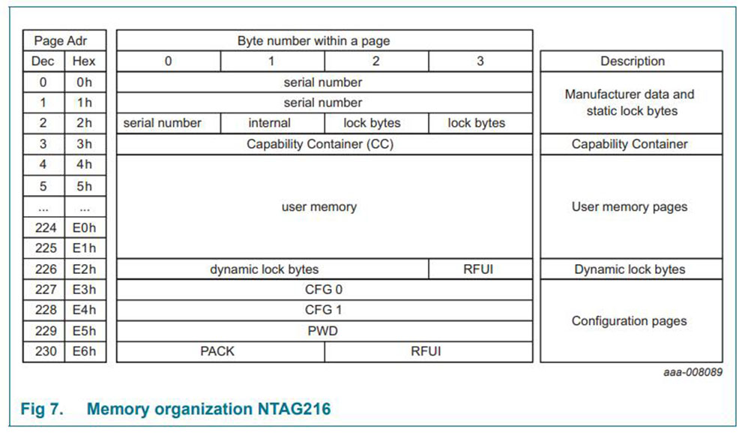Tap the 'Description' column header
[633, 61]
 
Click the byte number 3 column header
[480, 61]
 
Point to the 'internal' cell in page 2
[270, 123]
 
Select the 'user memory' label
[319, 206]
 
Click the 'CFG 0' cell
[324, 290]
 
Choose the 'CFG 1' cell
[324, 310]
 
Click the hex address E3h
[84, 290]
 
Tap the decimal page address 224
[46, 228]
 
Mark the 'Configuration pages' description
[630, 320]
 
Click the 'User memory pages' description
[630, 206]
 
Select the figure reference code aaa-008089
[693, 372]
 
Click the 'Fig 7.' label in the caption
[42, 409]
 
